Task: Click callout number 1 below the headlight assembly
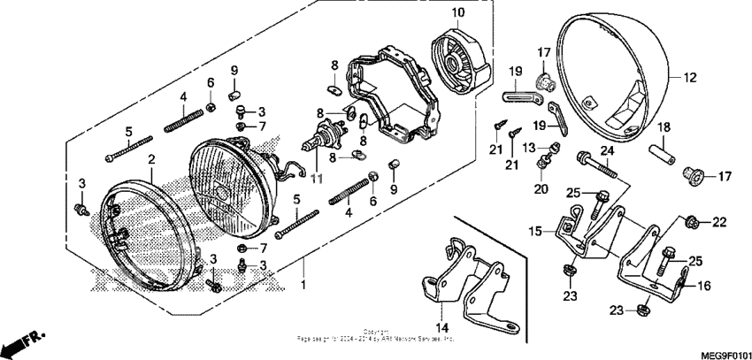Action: (x=303, y=286)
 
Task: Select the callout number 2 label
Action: (x=151, y=159)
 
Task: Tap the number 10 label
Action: (x=458, y=12)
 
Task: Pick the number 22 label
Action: (x=718, y=221)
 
